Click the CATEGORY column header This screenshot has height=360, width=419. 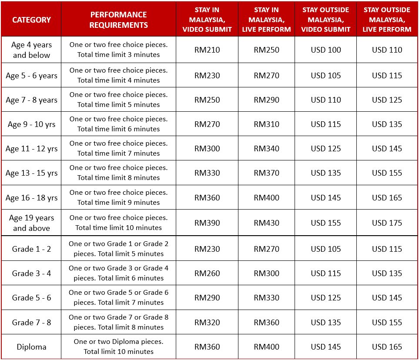pos(31,20)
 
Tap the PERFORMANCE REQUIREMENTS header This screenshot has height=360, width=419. pos(118,20)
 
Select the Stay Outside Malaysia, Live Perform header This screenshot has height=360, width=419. pos(387,20)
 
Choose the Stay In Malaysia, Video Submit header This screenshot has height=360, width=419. pos(207,20)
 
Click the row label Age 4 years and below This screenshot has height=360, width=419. pos(31,50)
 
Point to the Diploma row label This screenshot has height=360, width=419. pos(31,347)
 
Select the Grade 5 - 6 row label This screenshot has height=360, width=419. pos(31,298)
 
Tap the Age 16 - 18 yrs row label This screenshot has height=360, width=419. pos(31,198)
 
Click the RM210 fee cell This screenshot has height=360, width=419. pos(207,50)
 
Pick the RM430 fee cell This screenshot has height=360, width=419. pos(266,223)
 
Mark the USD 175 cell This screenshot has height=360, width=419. pos(387,223)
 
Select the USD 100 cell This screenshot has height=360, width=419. pos(326,50)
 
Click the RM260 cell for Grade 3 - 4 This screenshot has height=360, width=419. pos(207,273)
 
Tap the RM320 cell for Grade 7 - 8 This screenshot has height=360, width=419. pos(207,323)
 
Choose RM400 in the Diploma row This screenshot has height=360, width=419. pos(266,347)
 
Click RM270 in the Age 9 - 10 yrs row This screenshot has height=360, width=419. pos(207,124)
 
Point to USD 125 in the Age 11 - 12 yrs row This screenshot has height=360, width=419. pos(326,149)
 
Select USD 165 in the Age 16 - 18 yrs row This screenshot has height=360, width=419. pos(387,198)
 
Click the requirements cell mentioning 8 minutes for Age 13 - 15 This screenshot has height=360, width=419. pos(118,173)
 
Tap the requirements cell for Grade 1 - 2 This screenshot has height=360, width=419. pos(118,249)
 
